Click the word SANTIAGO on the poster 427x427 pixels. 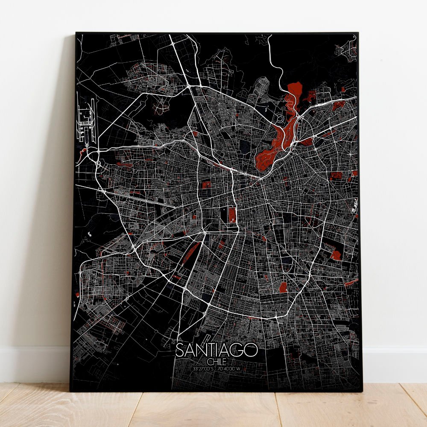216,350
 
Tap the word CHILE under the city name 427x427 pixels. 217,362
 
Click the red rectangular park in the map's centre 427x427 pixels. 232,214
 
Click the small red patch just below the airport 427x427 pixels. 82,149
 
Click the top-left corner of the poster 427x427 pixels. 76,33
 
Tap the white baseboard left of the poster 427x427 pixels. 34,363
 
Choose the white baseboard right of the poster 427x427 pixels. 395,363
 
